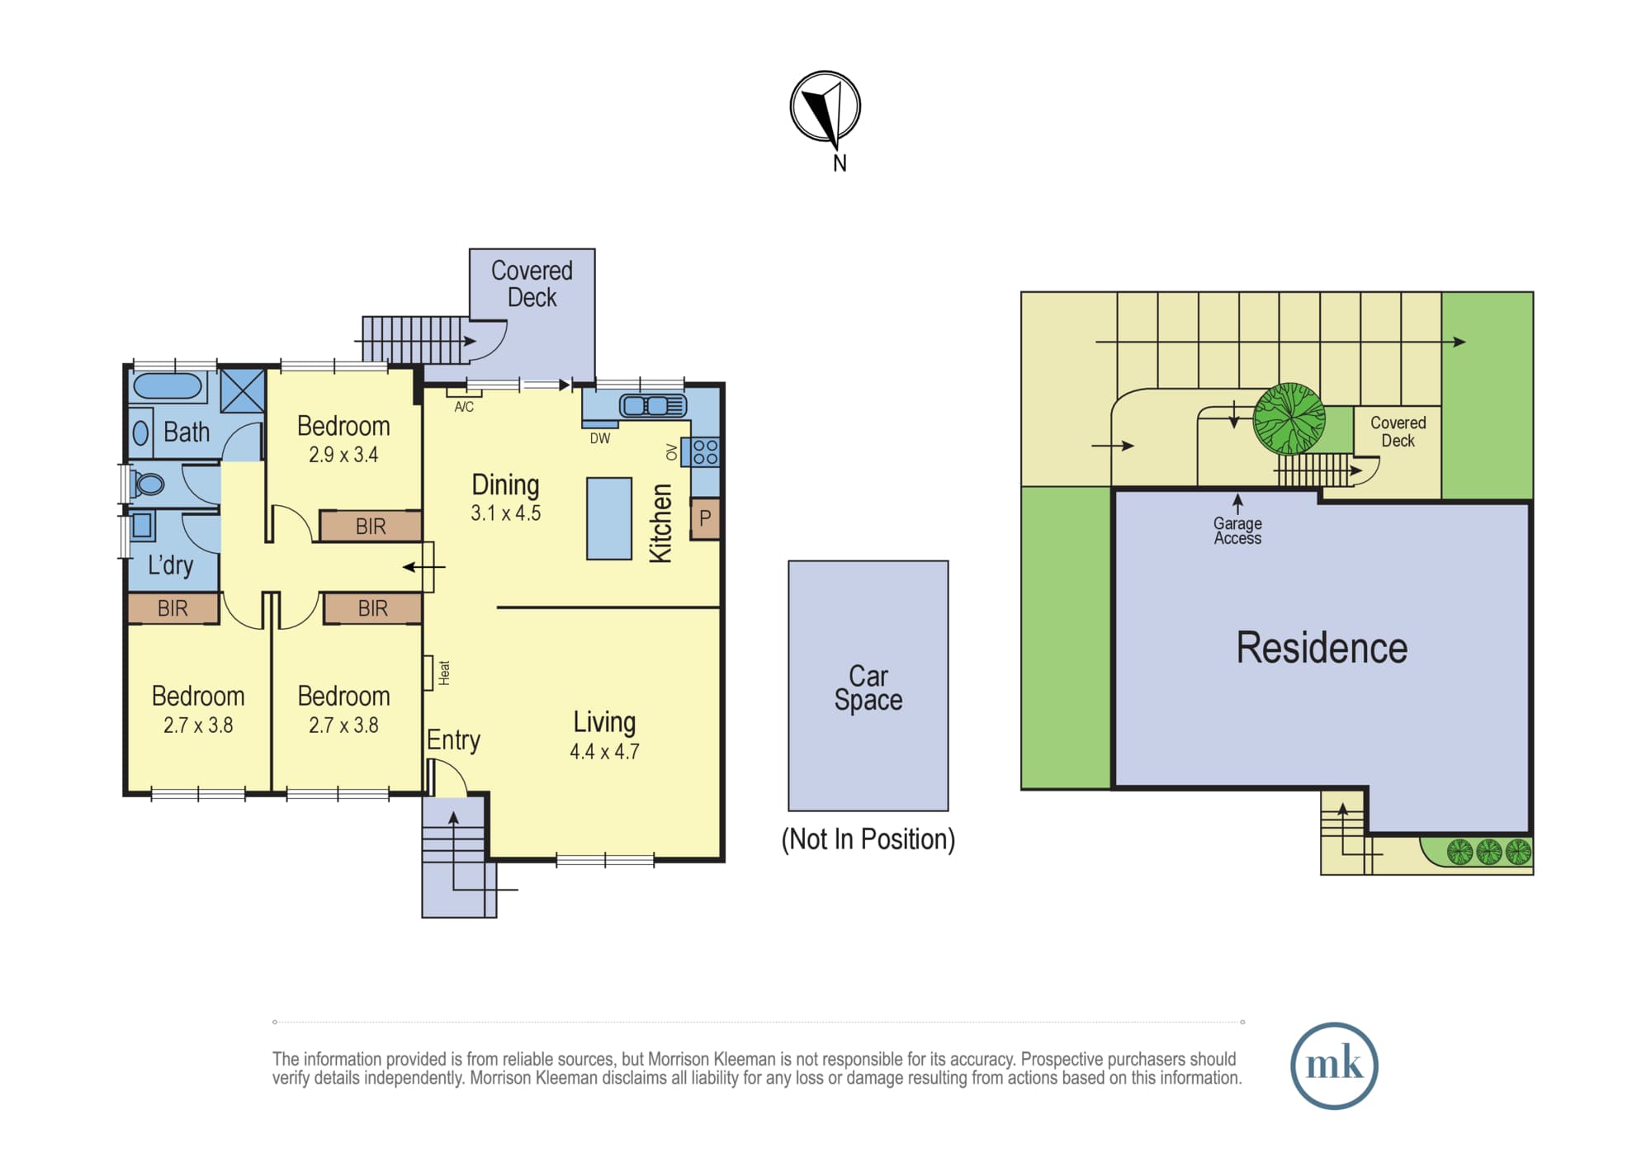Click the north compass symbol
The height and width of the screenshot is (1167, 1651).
point(825,107)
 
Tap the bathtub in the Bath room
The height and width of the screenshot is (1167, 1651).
point(168,386)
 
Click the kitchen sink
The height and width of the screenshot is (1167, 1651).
point(653,405)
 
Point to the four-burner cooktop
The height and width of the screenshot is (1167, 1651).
point(705,451)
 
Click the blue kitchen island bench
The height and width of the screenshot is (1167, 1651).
point(609,519)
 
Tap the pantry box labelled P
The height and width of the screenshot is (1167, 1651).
point(705,518)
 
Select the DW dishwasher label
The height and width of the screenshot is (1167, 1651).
point(600,439)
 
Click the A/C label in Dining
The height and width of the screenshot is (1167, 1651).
point(464,407)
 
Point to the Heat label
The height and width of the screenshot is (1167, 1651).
point(444,673)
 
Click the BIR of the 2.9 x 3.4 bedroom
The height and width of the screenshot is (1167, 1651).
point(371,526)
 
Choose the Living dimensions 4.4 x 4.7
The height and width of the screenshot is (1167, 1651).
point(604,752)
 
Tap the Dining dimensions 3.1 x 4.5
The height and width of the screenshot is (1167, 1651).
point(505,513)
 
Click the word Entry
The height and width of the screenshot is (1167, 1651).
point(453,740)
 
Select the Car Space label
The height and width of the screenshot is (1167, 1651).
point(868,687)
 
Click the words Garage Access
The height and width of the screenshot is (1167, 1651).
point(1237,531)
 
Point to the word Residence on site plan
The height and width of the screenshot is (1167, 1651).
point(1322,648)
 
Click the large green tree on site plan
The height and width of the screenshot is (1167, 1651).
point(1289,419)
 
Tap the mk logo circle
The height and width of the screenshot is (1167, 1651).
point(1334,1065)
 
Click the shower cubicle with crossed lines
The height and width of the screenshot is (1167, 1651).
point(243,390)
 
